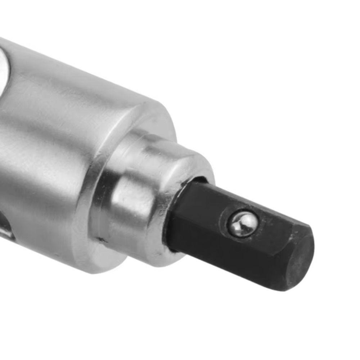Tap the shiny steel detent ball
click(x=242, y=224)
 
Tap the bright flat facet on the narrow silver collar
click(x=133, y=198)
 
